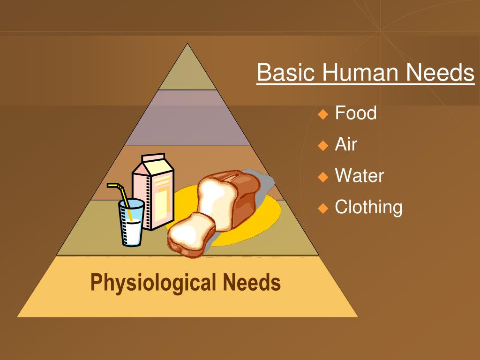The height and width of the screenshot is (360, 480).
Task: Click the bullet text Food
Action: click(356, 113)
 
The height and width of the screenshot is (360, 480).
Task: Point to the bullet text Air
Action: click(346, 144)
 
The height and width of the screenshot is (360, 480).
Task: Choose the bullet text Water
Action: click(359, 176)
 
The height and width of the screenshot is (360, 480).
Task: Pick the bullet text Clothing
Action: click(368, 207)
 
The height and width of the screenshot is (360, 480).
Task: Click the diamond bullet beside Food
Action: click(323, 114)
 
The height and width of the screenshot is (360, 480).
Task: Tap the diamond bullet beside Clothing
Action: click(323, 208)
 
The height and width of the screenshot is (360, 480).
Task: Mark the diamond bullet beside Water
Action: click(323, 177)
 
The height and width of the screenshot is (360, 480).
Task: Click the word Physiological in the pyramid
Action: click(153, 283)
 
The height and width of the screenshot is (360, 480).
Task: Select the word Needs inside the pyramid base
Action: click(252, 283)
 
